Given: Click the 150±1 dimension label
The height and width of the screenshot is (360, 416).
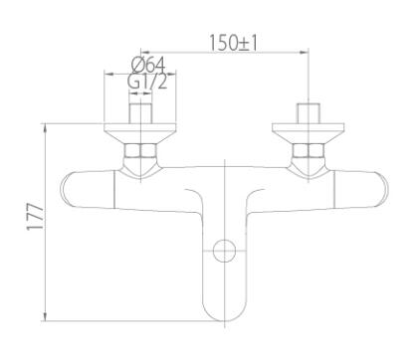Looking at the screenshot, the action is coord(233,44).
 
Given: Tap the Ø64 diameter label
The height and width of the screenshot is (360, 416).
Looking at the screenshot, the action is coord(148,66).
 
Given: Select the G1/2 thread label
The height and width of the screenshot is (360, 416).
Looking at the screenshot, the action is coord(148,82).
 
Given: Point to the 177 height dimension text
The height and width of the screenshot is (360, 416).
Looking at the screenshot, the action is coord(35,217).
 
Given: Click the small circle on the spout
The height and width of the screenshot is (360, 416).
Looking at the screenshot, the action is coord(225,251).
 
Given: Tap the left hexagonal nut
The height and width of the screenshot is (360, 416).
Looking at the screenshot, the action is coord(140,150).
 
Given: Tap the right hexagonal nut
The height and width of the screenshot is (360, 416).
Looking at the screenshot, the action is coord(309,150).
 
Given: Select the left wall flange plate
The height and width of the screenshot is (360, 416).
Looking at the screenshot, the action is coord(140,133).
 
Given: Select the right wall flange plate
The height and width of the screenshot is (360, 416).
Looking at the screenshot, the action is coord(309,133).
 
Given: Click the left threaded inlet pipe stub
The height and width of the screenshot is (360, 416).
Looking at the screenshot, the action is coord(140,113).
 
